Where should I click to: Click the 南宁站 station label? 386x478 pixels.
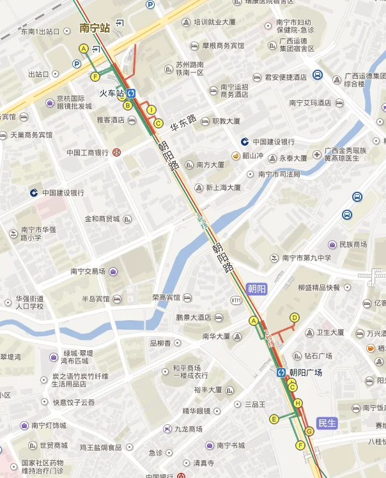(95, 28)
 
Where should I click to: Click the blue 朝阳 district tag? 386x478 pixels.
(256, 289)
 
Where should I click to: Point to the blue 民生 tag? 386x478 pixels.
(327, 422)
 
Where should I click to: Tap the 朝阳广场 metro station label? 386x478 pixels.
(305, 373)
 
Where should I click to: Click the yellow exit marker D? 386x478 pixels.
(295, 317)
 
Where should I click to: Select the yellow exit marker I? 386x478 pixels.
(151, 110)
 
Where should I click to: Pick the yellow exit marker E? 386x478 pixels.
(274, 419)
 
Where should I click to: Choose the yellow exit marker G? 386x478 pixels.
(309, 431)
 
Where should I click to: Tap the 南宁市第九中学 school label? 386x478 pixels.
(307, 258)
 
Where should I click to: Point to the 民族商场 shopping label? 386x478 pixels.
(353, 245)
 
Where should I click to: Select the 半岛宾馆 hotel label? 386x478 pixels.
(96, 299)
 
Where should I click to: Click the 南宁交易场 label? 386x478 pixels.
(88, 272)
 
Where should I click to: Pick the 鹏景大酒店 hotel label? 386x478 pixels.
(194, 317)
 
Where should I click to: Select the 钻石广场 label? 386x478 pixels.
(318, 356)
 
